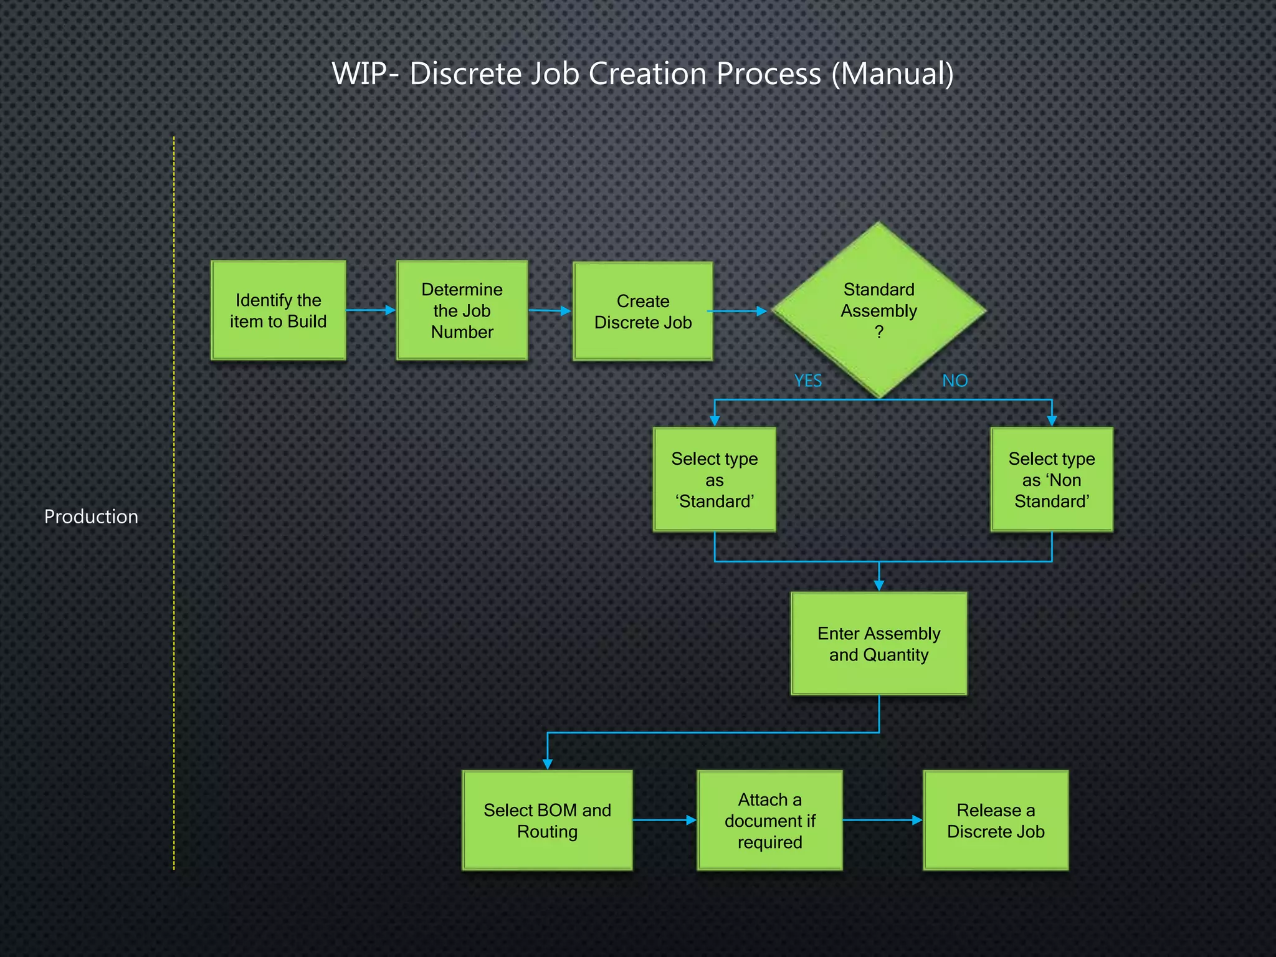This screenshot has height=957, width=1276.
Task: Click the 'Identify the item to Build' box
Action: (278, 310)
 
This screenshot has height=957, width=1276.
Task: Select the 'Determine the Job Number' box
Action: (462, 310)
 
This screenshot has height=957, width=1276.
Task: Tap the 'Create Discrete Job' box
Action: (642, 311)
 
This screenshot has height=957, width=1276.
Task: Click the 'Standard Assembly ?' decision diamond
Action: (878, 310)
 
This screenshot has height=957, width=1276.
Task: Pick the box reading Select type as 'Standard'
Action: (714, 479)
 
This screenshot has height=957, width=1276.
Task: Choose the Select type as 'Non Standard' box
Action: (1051, 479)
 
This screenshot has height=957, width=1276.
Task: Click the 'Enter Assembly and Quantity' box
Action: (878, 643)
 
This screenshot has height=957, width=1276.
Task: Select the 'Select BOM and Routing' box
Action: (547, 820)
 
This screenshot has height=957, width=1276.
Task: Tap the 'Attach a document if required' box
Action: (769, 820)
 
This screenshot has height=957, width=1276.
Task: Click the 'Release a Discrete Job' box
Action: (995, 820)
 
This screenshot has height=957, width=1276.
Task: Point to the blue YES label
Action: (807, 381)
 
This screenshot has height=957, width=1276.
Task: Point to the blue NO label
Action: (955, 381)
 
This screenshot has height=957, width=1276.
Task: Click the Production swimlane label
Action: (91, 517)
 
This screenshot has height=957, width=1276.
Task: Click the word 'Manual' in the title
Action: (892, 74)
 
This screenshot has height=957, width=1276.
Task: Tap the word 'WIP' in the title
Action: (359, 74)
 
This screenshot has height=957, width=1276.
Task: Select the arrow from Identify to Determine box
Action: (371, 310)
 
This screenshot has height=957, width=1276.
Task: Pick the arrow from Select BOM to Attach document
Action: (664, 820)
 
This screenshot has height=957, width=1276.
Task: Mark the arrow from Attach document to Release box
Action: (882, 820)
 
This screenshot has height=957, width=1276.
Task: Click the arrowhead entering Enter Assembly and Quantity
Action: (878, 585)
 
